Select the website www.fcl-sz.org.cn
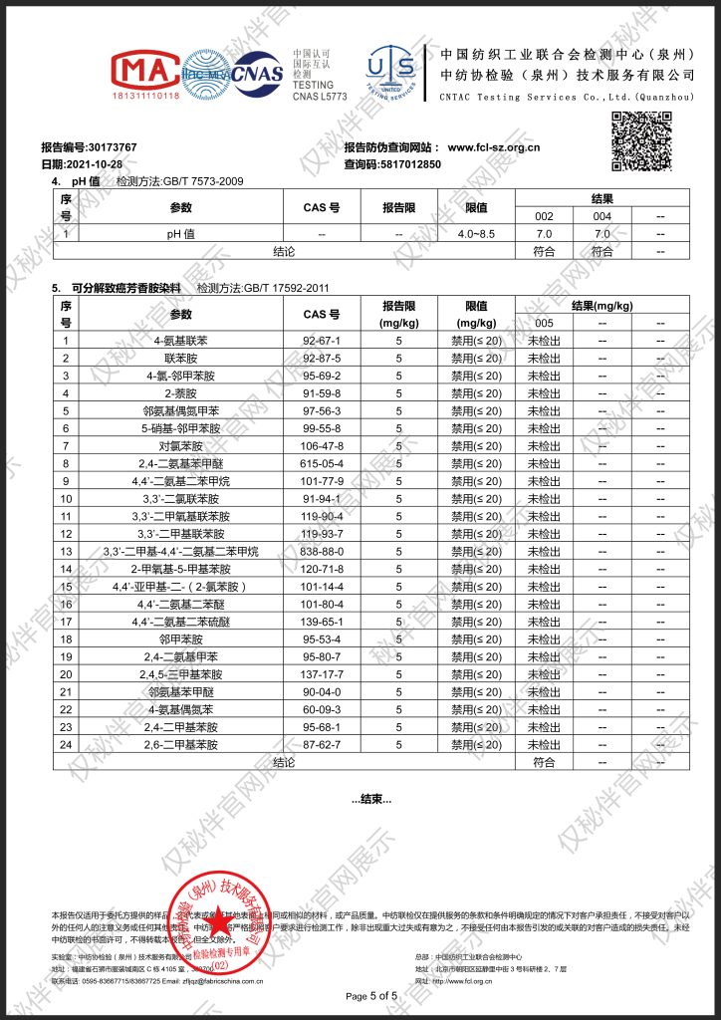tap(493, 147)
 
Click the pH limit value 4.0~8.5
tap(476, 233)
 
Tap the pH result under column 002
tap(544, 233)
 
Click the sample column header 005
tap(544, 322)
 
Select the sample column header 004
tap(601, 216)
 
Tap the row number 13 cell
tap(66, 551)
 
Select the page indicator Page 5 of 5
tap(370, 996)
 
